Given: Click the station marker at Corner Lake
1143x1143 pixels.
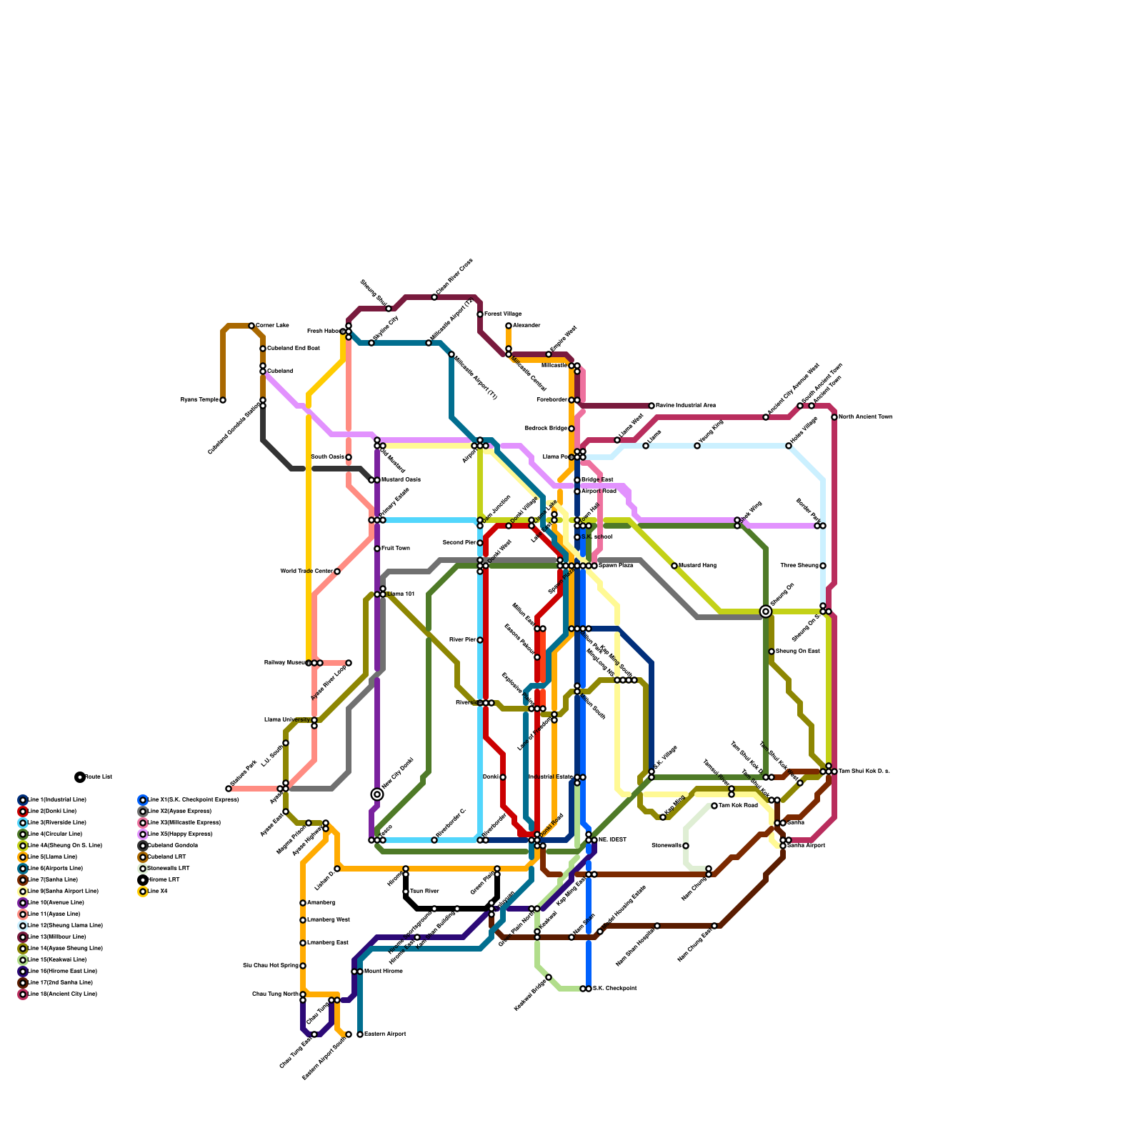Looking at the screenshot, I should click(251, 326).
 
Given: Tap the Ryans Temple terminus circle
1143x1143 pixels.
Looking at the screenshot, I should click(223, 400).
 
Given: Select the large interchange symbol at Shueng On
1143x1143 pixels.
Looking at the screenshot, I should click(766, 611).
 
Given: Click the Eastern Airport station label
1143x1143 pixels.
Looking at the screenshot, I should click(385, 1034).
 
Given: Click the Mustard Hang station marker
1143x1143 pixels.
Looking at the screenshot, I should click(674, 566).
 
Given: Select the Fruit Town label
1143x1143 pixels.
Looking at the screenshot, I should click(396, 549).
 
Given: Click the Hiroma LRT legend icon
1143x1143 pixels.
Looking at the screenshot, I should click(143, 880).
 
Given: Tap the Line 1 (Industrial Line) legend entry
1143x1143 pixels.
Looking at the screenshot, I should click(54, 800).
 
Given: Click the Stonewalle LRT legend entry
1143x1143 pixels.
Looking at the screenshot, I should click(168, 869).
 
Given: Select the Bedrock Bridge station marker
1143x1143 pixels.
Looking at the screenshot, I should click(571, 429).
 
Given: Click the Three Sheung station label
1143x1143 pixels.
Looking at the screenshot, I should click(799, 566).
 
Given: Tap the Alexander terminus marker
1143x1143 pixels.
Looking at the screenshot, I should click(509, 326).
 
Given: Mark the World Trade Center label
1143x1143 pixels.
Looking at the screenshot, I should click(306, 571).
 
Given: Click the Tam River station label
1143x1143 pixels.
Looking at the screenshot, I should click(425, 892).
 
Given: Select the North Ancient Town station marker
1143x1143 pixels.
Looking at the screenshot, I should click(834, 417).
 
